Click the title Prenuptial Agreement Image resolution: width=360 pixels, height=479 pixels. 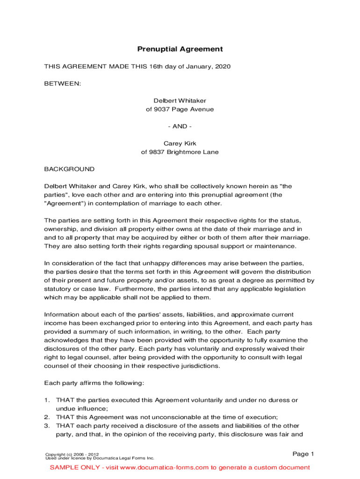tap(180, 49)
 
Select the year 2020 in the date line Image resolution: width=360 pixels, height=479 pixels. tap(223, 67)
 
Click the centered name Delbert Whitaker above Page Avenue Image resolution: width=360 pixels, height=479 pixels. tap(180, 101)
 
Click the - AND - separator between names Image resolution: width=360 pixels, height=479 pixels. tap(180, 126)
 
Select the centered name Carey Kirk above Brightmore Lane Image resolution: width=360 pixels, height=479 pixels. tap(180, 144)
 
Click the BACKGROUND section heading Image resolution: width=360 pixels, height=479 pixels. tap(69, 169)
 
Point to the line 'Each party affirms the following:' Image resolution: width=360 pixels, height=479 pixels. tap(94, 383)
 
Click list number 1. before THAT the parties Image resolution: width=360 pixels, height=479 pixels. tap(47, 400)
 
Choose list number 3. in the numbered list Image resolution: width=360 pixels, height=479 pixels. tap(47, 426)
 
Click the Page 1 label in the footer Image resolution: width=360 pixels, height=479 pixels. tap(303, 454)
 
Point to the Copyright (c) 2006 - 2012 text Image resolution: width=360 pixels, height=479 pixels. tap(72, 454)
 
